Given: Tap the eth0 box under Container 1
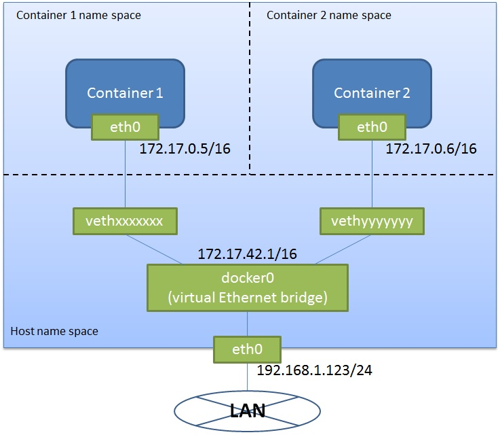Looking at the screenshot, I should pyautogui.click(x=125, y=126).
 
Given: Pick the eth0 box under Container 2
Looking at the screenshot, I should pyautogui.click(x=372, y=126).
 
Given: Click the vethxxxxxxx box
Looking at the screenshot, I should pyautogui.click(x=125, y=221).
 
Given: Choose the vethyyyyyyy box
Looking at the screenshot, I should pyautogui.click(x=372, y=221).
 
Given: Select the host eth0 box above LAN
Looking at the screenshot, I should pyautogui.click(x=247, y=349).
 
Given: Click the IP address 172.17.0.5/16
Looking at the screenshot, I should pyautogui.click(x=185, y=149).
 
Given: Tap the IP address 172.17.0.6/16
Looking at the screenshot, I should pyautogui.click(x=431, y=149).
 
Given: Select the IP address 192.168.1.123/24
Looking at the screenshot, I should pyautogui.click(x=315, y=371).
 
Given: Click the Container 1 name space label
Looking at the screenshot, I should pyautogui.click(x=78, y=15).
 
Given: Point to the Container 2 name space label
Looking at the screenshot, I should pyautogui.click(x=328, y=15).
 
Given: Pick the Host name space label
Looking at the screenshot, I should pyautogui.click(x=54, y=332).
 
